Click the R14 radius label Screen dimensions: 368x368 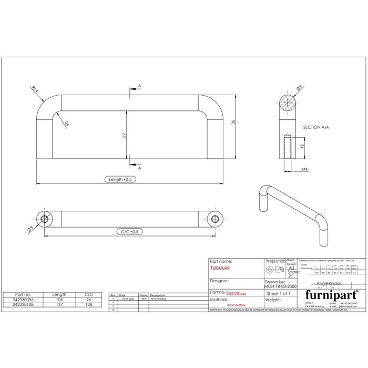pos(35,90)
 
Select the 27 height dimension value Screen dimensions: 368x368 pos(124,135)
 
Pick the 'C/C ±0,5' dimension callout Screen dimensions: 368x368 pos(129,231)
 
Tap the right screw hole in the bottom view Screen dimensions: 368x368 pos(214,219)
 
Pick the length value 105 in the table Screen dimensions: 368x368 pos(59,299)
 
